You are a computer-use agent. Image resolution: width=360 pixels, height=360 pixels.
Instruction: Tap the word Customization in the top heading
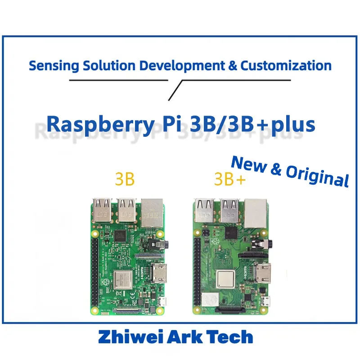click(286, 66)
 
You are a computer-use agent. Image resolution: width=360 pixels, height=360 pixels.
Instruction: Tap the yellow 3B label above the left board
click(124, 179)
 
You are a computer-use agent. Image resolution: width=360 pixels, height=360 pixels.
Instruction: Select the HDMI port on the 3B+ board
click(263, 273)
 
